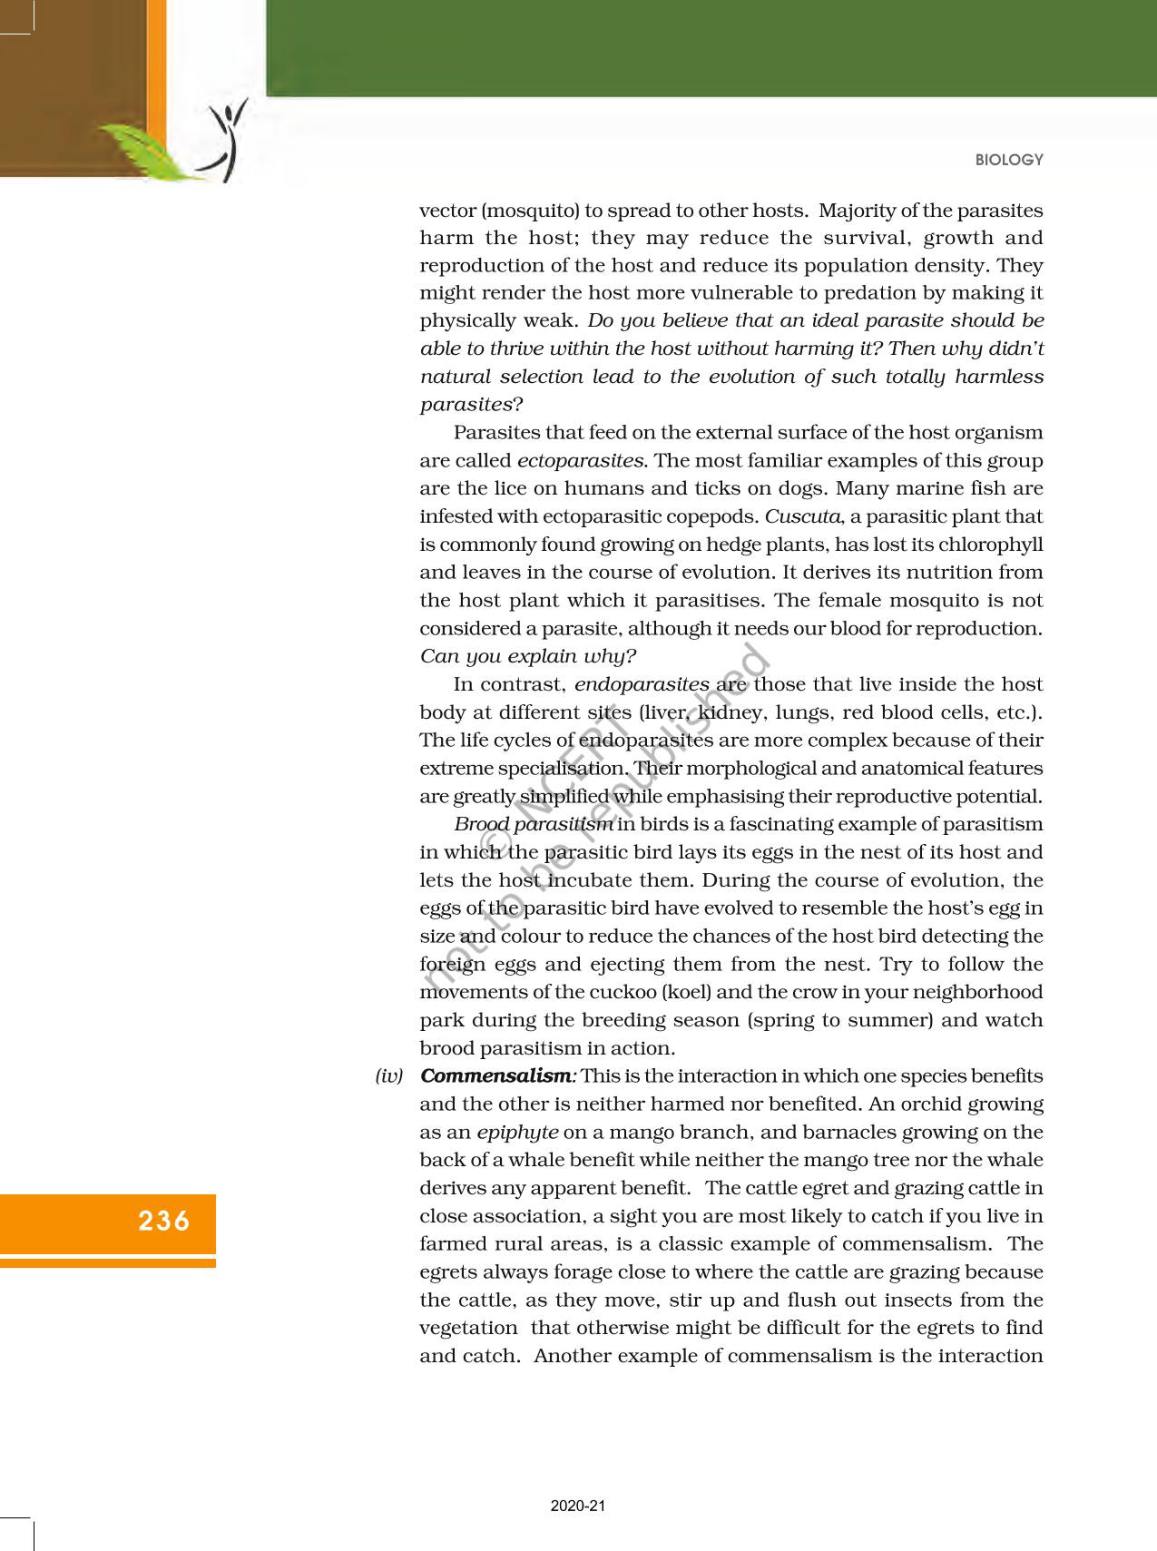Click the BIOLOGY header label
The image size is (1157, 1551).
[x=1009, y=160]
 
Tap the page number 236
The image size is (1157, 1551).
[x=164, y=1221]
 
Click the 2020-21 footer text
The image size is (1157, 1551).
[x=578, y=1506]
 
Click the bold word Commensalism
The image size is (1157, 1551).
[x=497, y=1076]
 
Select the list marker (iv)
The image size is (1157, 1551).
[x=389, y=1076]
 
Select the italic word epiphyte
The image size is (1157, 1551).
[x=517, y=1133]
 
